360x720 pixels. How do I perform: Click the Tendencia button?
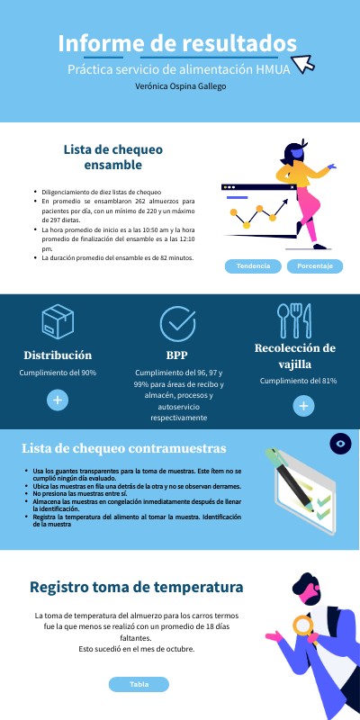[x=253, y=266]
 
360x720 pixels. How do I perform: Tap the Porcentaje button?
[x=315, y=266]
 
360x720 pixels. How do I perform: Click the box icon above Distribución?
[x=58, y=321]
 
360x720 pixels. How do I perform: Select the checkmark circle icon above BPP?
[x=177, y=323]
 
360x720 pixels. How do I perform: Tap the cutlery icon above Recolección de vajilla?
[x=294, y=319]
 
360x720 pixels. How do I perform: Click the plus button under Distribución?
[x=58, y=399]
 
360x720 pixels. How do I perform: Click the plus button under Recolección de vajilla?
[x=305, y=406]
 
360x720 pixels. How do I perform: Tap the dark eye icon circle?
[x=340, y=443]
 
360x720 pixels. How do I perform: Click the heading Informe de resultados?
[x=177, y=42]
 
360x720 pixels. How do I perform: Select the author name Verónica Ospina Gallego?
[x=180, y=86]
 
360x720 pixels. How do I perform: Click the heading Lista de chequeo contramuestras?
[x=123, y=448]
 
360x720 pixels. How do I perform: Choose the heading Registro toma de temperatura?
[x=137, y=587]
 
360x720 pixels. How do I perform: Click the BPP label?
[x=177, y=355]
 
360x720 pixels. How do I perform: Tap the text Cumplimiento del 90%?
[x=58, y=373]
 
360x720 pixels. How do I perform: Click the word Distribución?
[x=58, y=355]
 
